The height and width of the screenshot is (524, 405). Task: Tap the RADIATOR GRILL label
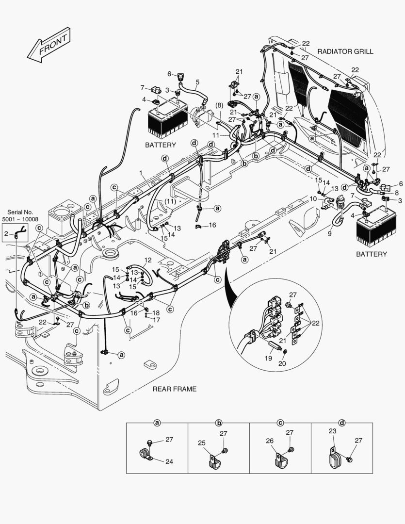click(x=345, y=51)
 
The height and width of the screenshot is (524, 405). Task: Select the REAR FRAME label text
click(x=175, y=389)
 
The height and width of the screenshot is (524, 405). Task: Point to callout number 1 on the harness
click(x=141, y=173)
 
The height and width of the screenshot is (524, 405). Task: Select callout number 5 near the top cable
click(x=197, y=82)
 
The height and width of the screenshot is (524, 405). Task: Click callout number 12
click(x=148, y=260)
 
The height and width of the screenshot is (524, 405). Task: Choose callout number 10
click(x=313, y=199)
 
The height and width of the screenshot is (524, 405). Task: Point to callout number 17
click(x=156, y=320)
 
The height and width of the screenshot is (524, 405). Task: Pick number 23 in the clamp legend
click(x=332, y=431)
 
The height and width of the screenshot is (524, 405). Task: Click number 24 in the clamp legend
click(x=169, y=461)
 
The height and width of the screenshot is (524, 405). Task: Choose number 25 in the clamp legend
click(x=202, y=442)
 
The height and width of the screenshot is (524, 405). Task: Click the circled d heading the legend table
click(x=342, y=423)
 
